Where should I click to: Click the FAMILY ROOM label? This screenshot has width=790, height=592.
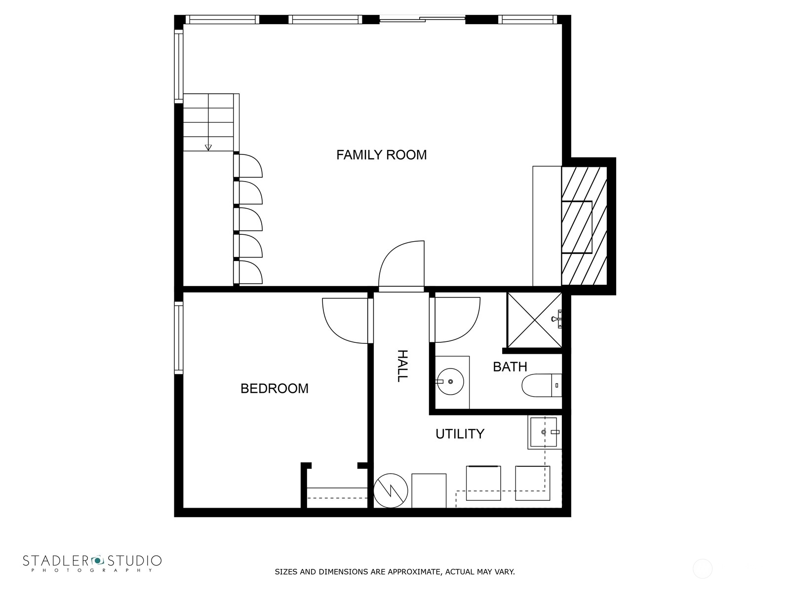381,155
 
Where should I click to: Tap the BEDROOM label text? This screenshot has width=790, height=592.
275,389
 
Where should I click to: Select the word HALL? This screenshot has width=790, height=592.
402,366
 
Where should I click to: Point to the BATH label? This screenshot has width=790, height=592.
510,367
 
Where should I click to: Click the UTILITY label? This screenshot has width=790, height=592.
460,434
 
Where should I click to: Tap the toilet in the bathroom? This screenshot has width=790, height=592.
541,385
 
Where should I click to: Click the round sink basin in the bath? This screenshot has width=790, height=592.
450,381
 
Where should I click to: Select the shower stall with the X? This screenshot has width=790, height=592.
534,320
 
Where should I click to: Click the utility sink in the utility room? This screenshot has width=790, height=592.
544,432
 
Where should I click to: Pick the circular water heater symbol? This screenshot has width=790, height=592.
391,490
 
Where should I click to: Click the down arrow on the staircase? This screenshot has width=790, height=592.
208,147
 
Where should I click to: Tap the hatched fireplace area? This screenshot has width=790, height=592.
584,226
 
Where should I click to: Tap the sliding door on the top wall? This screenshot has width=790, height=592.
422,20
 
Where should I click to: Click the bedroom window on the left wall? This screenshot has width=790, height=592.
179,338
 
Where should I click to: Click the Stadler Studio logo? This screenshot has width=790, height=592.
92,562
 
